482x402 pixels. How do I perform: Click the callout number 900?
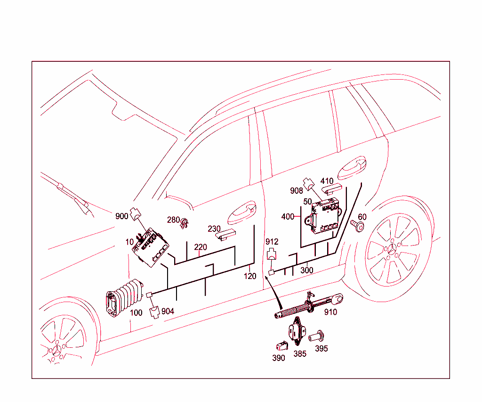(122, 216)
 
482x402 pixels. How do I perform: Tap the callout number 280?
(173, 220)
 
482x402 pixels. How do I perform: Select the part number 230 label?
(214, 229)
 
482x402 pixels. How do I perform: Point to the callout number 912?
(272, 242)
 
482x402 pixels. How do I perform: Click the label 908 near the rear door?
(297, 191)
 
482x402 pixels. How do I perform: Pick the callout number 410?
(327, 181)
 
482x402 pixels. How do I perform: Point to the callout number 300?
(306, 271)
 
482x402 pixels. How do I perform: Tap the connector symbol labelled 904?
(154, 312)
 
